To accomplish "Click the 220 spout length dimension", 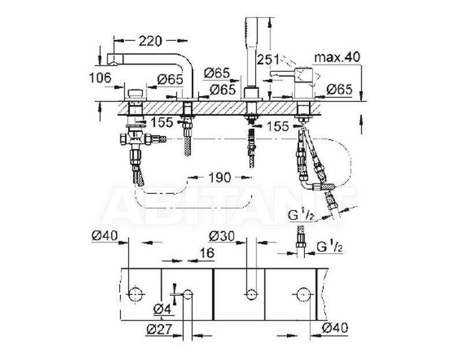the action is [150, 41].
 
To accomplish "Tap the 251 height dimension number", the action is [267, 59].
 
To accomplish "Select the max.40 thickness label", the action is [337, 57].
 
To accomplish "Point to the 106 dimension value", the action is [100, 78].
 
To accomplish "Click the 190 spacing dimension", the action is [219, 177].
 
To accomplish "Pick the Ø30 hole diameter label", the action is [222, 236].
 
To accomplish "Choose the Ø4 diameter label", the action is [162, 310].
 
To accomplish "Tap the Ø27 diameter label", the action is [159, 329].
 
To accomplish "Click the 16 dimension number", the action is [207, 253].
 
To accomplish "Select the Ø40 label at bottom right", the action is [334, 328].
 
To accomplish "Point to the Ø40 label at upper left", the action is [105, 235].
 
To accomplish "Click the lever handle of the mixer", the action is [282, 74].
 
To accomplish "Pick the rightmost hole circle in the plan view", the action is [303, 295].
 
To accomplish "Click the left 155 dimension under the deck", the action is [161, 123].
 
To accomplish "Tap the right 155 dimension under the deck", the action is [278, 127].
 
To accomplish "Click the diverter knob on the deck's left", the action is [135, 94].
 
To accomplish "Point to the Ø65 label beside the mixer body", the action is [339, 89].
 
